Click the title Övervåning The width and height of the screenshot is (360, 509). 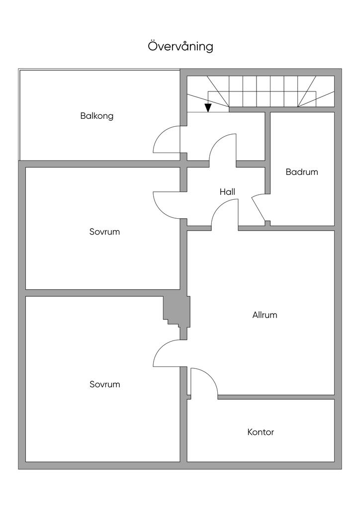tap(180, 46)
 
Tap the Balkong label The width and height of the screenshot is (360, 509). tap(97, 116)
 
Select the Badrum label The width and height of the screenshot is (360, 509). tap(302, 172)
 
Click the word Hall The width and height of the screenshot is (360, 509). tap(227, 191)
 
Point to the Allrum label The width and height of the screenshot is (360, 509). tap(265, 315)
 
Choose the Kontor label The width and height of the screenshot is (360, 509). tap(261, 432)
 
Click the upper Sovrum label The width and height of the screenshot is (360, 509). tap(105, 232)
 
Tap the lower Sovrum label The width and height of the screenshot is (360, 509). tap(105, 384)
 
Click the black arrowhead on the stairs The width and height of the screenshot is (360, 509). tap(208, 107)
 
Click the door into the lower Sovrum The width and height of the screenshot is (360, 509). tap(167, 353)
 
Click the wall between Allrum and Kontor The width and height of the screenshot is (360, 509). tap(276, 397)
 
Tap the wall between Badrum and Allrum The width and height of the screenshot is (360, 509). tap(301, 228)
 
